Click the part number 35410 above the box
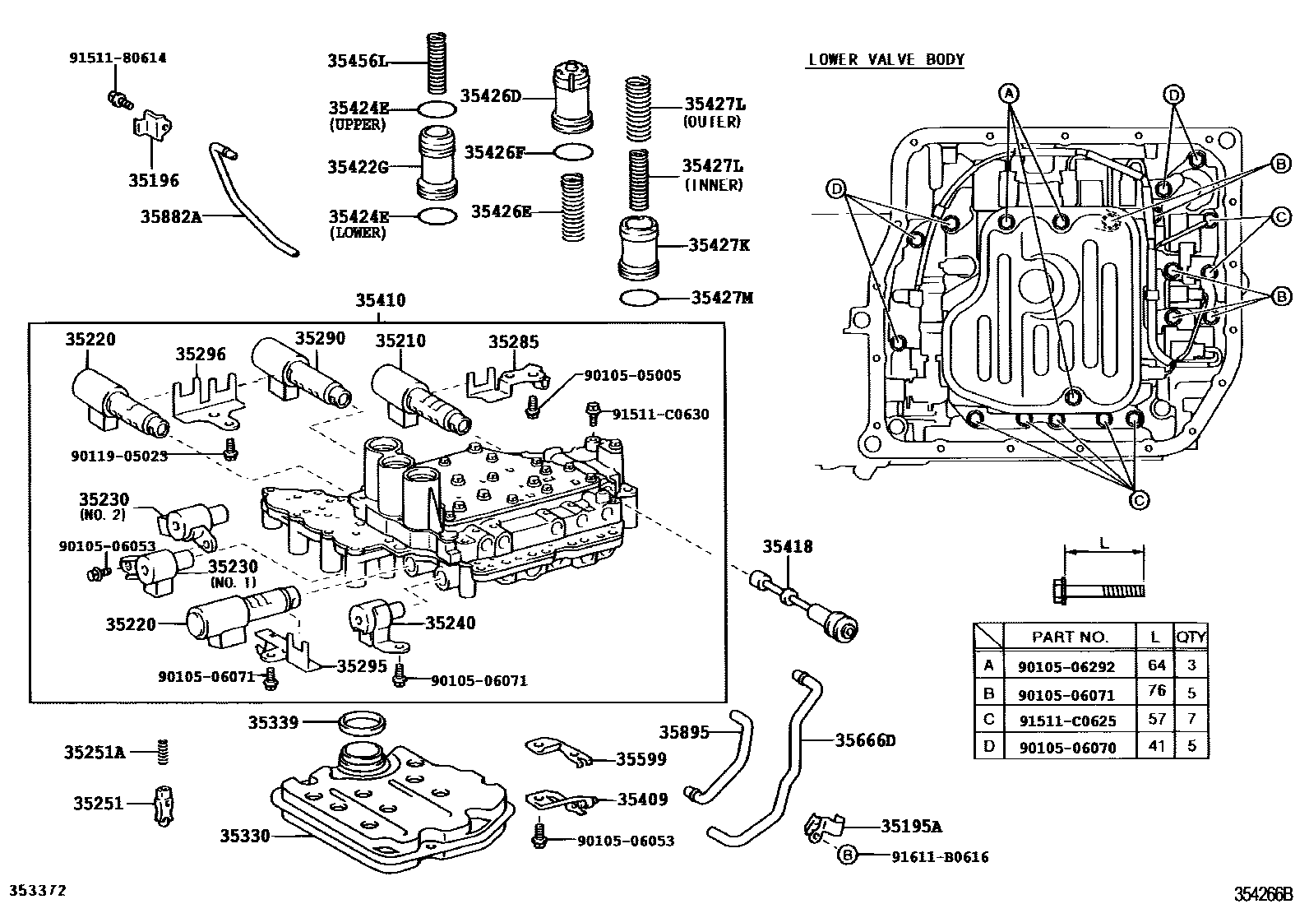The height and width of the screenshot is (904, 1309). point(380,301)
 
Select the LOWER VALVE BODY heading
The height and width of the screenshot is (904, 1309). point(886,59)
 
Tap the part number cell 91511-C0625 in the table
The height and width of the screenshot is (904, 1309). point(1066,720)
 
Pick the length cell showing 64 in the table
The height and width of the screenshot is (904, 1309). point(1157,665)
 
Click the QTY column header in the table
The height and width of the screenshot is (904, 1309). point(1191,636)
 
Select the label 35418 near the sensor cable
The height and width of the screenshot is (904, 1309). point(787,546)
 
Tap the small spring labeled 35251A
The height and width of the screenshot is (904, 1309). point(164,751)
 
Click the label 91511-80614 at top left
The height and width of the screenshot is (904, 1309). point(116,58)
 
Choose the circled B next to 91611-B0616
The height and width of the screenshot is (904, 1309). point(847,856)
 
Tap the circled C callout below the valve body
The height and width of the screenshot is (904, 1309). point(1139,499)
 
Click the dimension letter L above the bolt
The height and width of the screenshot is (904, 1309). point(1103,544)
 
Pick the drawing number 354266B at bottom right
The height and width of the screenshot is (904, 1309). point(1262,893)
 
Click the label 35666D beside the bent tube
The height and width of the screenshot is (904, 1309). point(865,740)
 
